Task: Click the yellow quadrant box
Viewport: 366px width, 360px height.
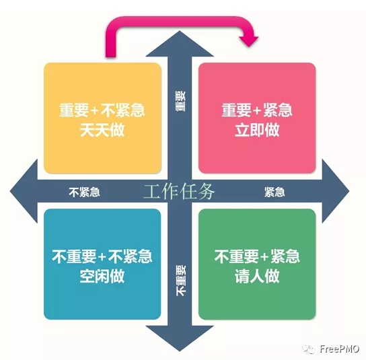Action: pyautogui.click(x=103, y=118)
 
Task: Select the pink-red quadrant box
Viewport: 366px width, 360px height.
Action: pyautogui.click(x=257, y=118)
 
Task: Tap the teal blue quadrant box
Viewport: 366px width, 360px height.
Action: pyautogui.click(x=102, y=264)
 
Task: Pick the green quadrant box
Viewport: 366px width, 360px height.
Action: pyautogui.click(x=257, y=264)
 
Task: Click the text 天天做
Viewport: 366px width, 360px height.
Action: pyautogui.click(x=102, y=130)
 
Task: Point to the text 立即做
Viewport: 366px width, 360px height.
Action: pyautogui.click(x=257, y=130)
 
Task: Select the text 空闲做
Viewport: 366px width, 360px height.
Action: pyautogui.click(x=102, y=276)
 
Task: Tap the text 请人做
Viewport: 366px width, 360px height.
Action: pyautogui.click(x=257, y=276)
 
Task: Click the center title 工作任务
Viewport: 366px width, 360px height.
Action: pyautogui.click(x=179, y=192)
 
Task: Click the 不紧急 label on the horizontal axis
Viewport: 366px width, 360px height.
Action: pyautogui.click(x=85, y=192)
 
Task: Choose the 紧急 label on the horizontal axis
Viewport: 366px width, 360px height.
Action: pyautogui.click(x=274, y=192)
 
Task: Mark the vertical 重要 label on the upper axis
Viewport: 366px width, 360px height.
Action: pyautogui.click(x=180, y=102)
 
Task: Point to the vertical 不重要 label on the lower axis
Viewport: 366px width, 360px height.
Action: pyautogui.click(x=181, y=280)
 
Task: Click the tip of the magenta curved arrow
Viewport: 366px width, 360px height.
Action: pyautogui.click(x=249, y=46)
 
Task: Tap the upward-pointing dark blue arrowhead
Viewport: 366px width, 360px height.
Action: pyautogui.click(x=180, y=44)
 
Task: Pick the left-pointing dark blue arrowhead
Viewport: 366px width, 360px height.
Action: pyautogui.click(x=24, y=191)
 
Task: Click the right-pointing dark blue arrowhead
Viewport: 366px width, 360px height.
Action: pyautogui.click(x=336, y=191)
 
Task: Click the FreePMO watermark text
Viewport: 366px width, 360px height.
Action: pyautogui.click(x=339, y=349)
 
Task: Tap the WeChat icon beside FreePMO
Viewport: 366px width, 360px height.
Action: pyautogui.click(x=309, y=349)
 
